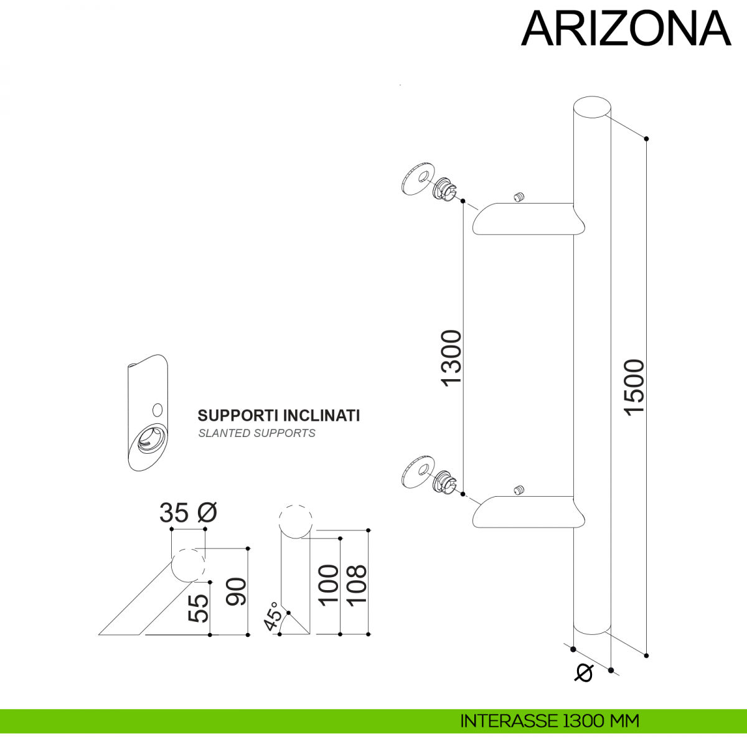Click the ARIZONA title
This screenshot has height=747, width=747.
(x=626, y=29)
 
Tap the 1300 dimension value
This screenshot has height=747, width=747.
(x=451, y=358)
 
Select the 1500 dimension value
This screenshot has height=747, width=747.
(x=634, y=387)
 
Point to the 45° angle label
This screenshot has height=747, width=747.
(x=273, y=616)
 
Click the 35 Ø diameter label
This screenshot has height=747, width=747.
(x=188, y=512)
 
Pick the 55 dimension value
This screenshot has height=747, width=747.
(x=198, y=608)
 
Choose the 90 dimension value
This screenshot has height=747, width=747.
(x=237, y=592)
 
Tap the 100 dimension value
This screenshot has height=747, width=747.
(x=328, y=584)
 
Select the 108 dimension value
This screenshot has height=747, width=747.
(x=356, y=584)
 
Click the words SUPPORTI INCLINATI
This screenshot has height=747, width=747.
(x=279, y=415)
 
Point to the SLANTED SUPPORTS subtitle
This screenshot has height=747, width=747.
(x=256, y=433)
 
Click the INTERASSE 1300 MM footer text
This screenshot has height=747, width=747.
(x=550, y=721)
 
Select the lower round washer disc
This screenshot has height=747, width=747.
(x=416, y=473)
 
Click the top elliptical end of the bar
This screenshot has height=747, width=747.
(x=591, y=107)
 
